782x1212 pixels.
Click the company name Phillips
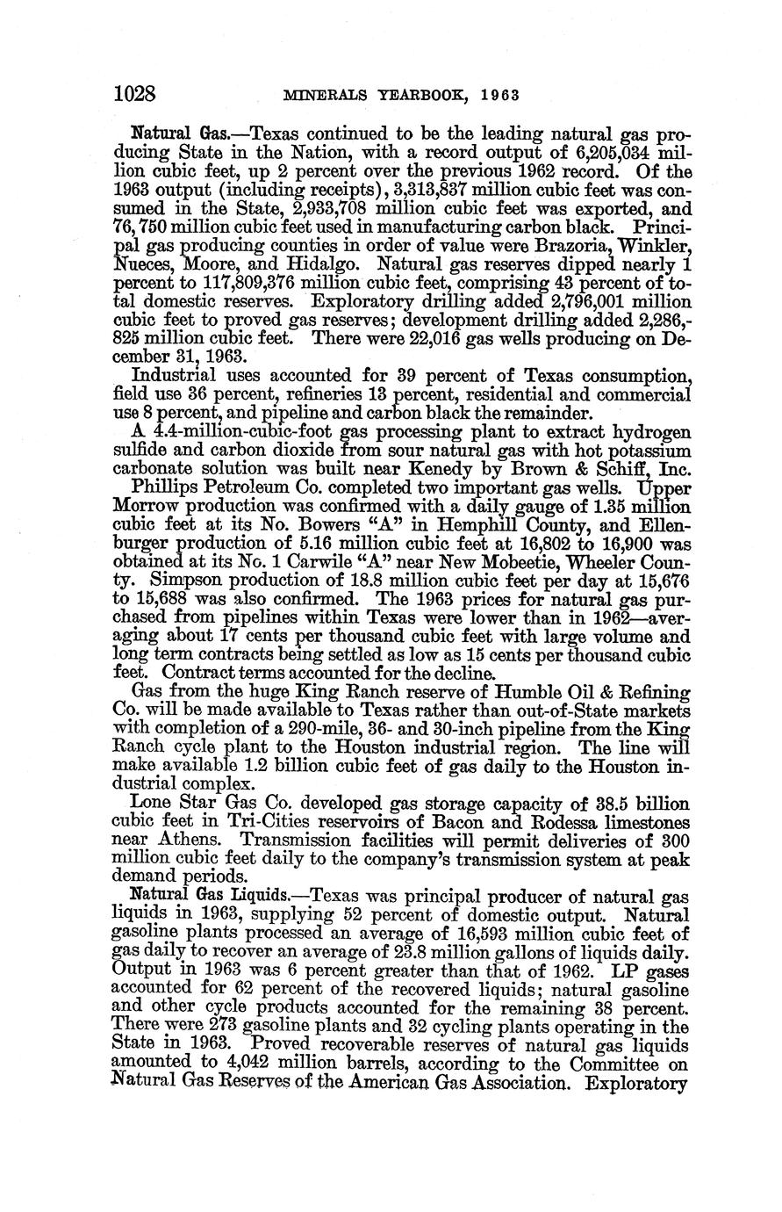(166, 487)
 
